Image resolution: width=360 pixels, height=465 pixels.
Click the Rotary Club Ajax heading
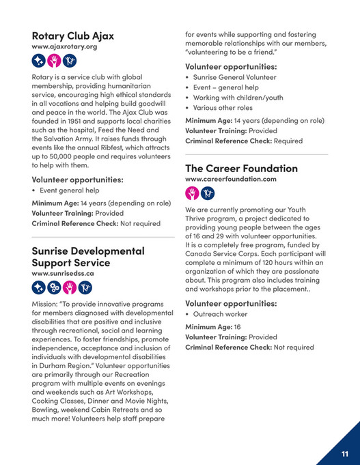72,36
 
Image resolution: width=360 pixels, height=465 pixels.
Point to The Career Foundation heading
241,168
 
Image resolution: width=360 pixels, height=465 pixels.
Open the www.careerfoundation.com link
230,179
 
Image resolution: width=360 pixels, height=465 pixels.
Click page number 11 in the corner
345,453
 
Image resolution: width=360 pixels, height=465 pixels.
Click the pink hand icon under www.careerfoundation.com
192,193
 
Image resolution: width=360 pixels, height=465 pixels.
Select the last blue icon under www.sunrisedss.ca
86,287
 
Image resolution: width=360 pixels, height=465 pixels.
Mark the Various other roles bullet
223,107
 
